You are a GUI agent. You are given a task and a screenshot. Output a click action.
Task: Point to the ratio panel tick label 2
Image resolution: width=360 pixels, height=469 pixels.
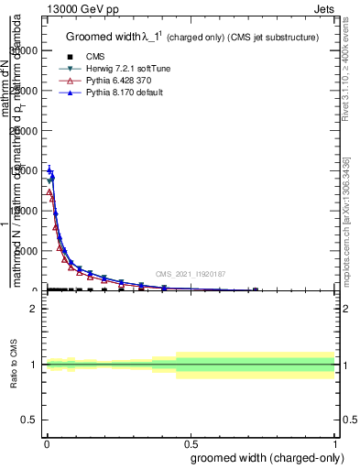(33, 309)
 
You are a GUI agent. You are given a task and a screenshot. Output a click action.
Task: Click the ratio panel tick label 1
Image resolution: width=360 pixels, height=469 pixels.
(33, 365)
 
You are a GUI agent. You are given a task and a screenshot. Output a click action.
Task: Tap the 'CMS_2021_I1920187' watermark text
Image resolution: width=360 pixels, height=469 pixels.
(191, 274)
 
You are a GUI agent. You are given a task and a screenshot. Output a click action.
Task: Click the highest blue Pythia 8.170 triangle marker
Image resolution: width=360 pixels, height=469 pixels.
(49, 169)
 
